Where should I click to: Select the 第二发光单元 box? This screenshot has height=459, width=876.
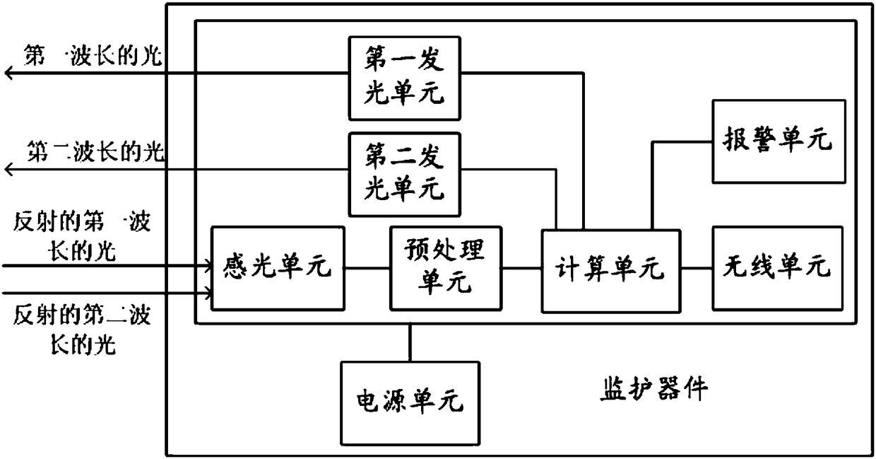[404, 174]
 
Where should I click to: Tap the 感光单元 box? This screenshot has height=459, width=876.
[278, 268]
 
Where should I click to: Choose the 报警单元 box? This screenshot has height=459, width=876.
[777, 141]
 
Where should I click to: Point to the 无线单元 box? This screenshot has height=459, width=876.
[777, 268]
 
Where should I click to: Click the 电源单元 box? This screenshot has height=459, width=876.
[410, 402]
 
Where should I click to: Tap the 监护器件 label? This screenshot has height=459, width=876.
[653, 388]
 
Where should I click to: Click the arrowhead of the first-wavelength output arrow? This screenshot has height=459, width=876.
[8, 73]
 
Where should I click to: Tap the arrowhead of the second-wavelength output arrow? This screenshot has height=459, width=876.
[8, 169]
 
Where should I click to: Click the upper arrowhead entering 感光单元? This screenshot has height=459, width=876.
[208, 267]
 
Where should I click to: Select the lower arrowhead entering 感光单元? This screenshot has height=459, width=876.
[208, 291]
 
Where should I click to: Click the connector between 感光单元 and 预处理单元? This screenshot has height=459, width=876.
[367, 268]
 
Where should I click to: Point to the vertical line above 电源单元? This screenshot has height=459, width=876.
[410, 343]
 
